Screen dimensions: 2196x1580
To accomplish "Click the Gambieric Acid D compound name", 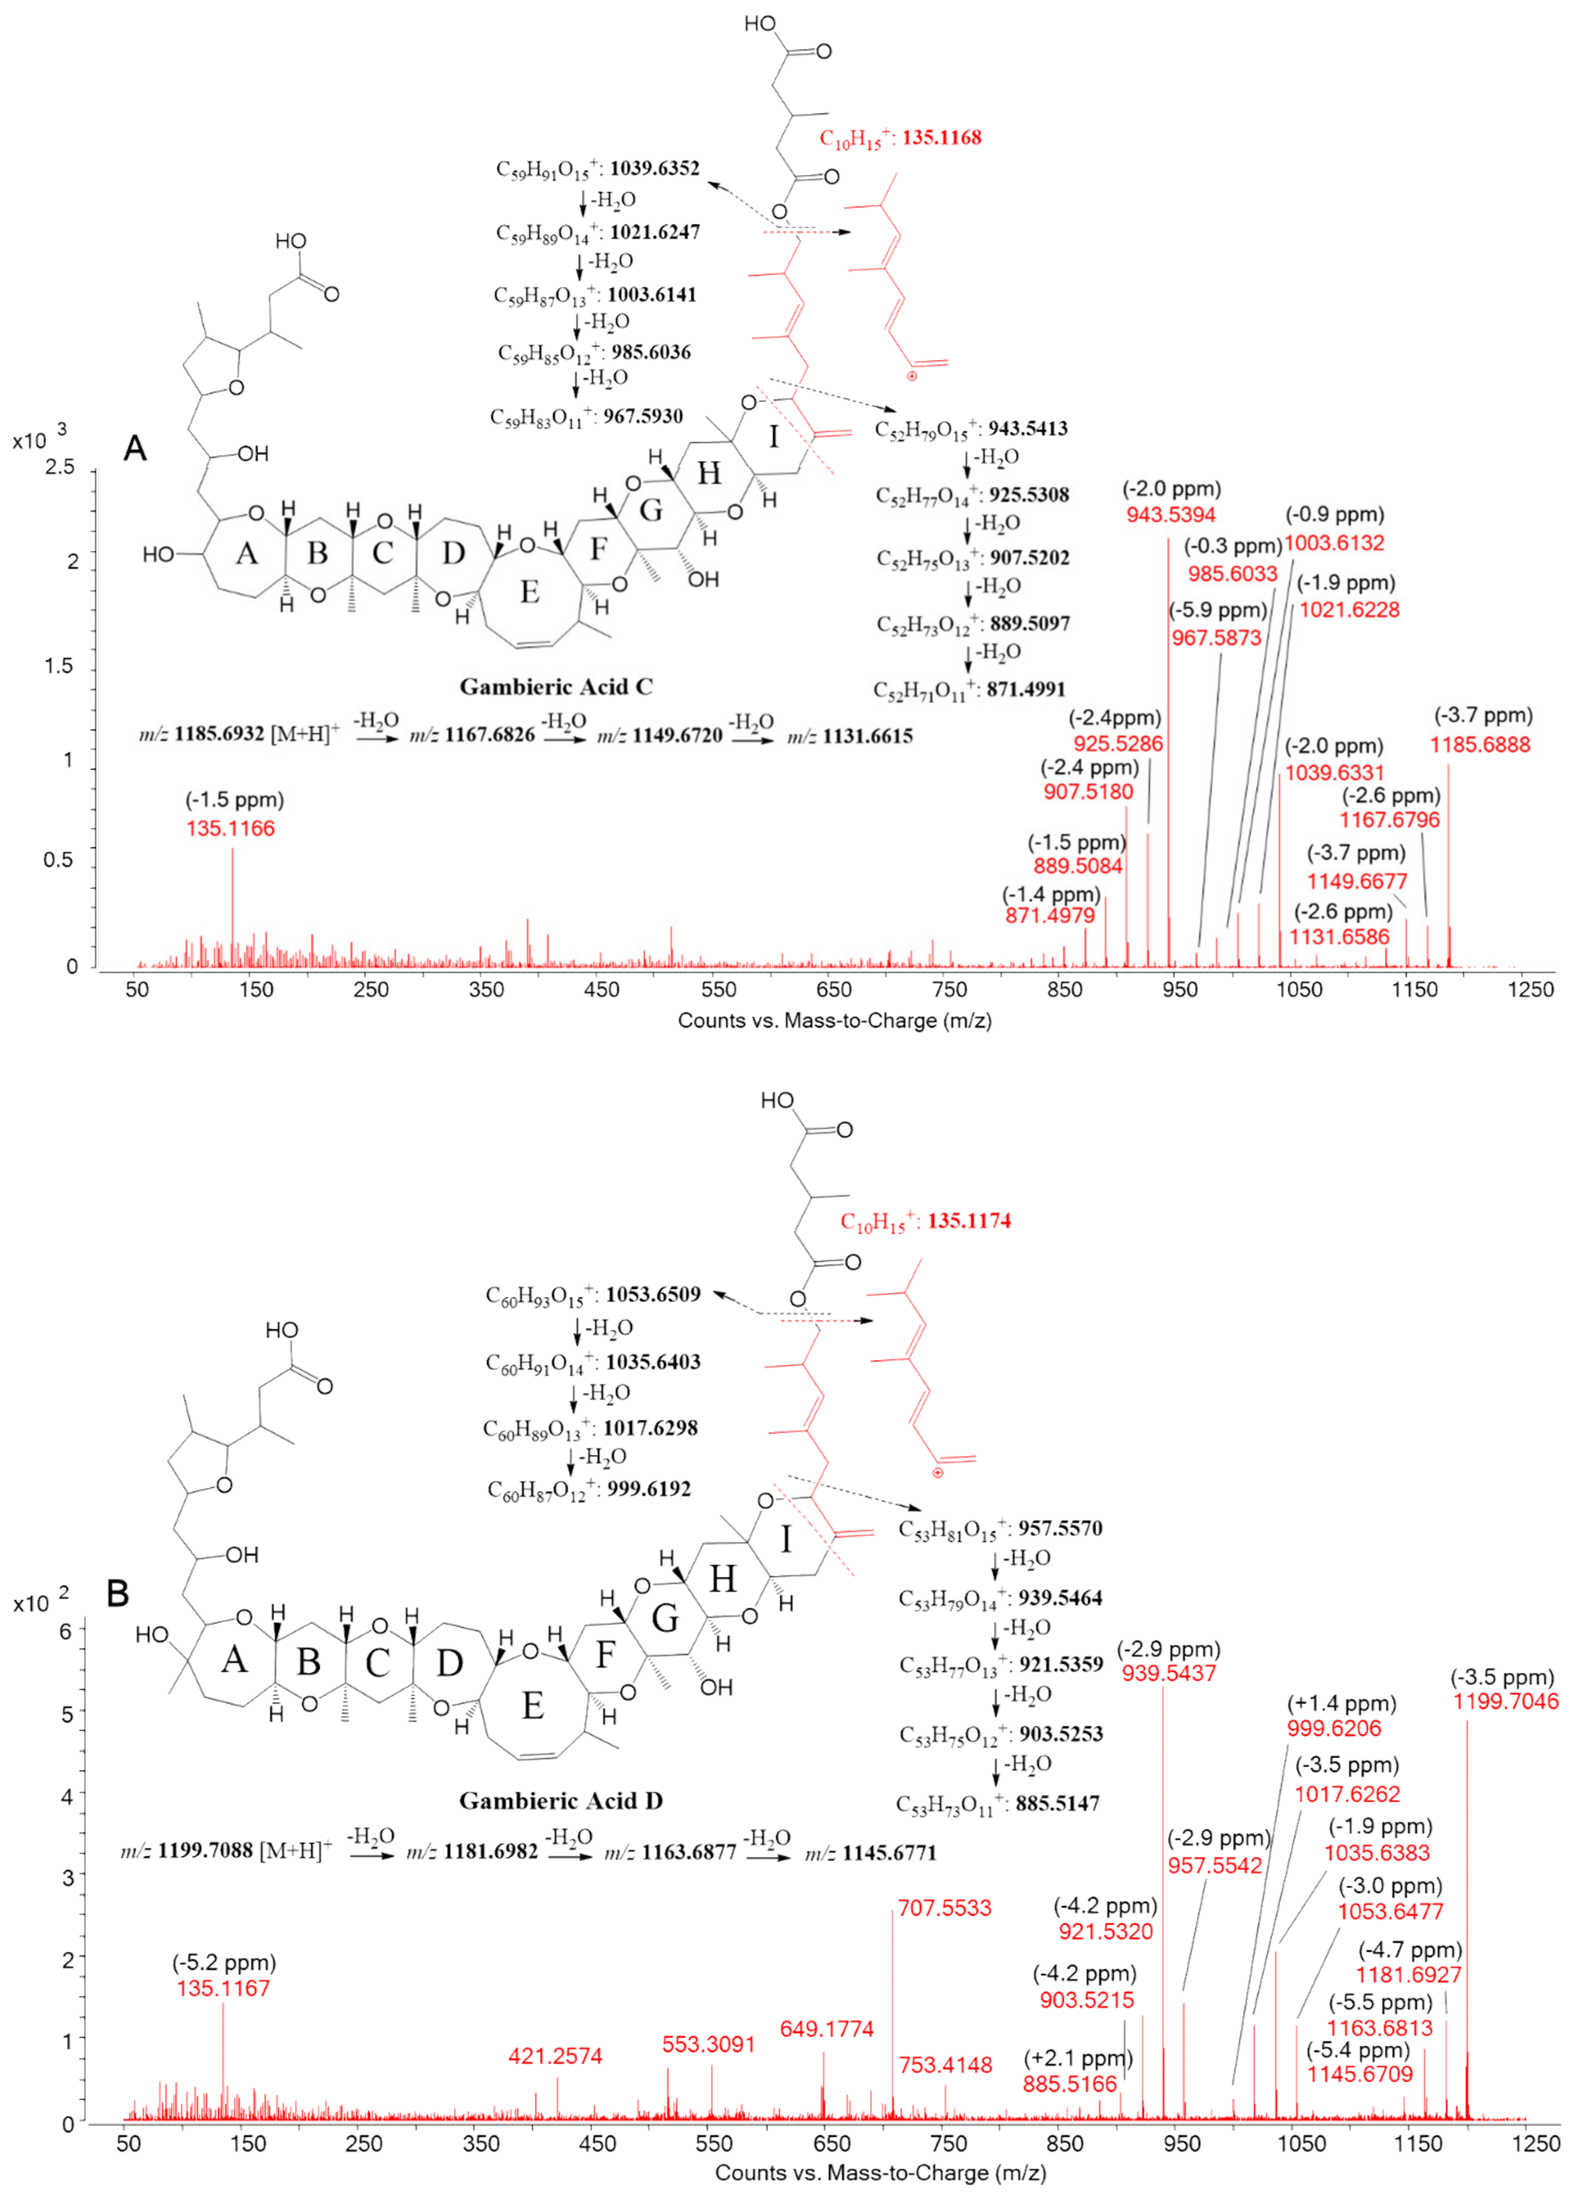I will [x=561, y=1801].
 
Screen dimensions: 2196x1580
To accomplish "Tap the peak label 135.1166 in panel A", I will [x=230, y=829].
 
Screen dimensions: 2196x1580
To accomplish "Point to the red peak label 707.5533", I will [x=944, y=1908].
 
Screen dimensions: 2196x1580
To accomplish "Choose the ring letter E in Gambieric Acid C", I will [x=530, y=592].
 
